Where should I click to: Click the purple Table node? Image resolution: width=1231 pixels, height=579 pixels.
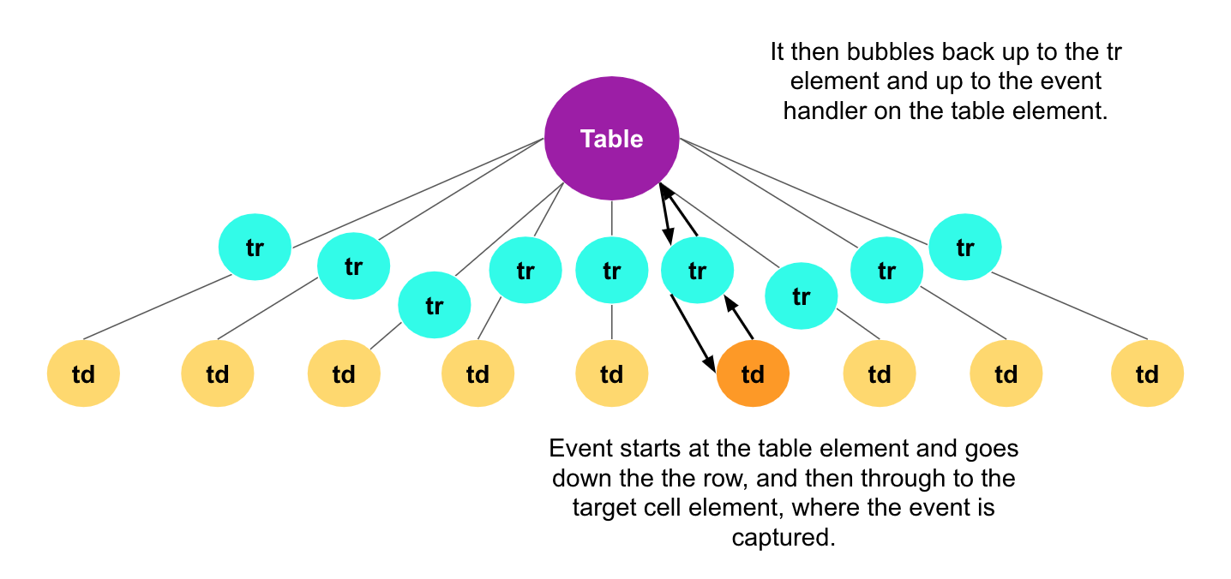pyautogui.click(x=611, y=139)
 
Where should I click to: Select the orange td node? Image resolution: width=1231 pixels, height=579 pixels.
pyautogui.click(x=752, y=374)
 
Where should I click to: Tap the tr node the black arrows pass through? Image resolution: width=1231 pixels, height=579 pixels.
pyautogui.click(x=697, y=272)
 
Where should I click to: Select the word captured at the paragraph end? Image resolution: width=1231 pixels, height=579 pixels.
pyautogui.click(x=783, y=538)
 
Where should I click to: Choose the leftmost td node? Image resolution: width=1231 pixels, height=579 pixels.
pyautogui.click(x=83, y=374)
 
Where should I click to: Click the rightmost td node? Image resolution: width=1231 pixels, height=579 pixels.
pyautogui.click(x=1147, y=374)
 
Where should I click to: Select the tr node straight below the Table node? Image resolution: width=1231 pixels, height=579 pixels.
pyautogui.click(x=611, y=272)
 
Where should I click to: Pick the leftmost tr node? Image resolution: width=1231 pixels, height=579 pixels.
pyautogui.click(x=255, y=248)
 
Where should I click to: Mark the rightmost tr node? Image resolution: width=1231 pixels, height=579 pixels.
pyautogui.click(x=965, y=248)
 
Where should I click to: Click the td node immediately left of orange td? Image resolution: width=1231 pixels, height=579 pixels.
pyautogui.click(x=611, y=374)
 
